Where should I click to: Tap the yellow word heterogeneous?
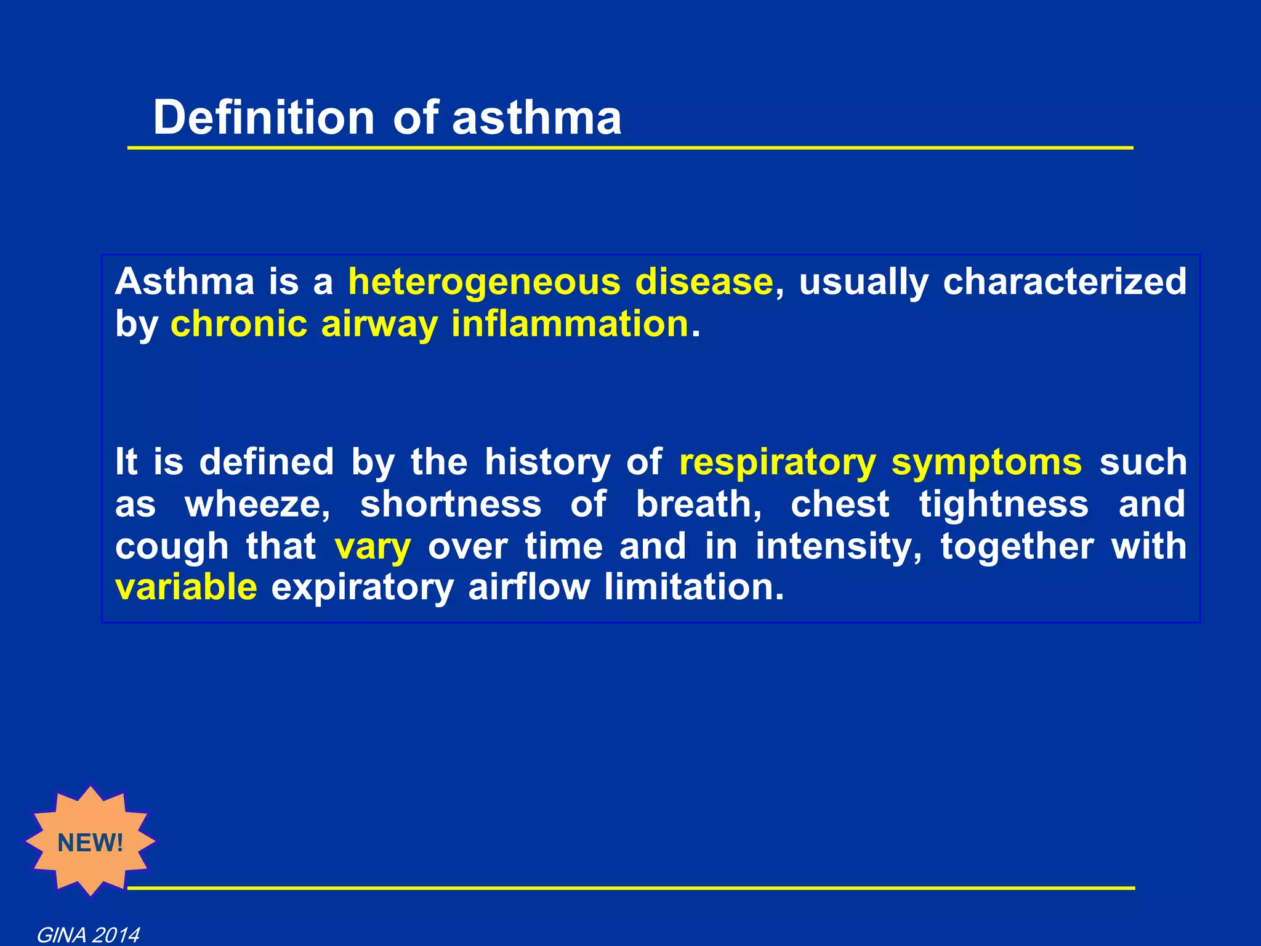tap(485, 282)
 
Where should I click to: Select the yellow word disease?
tap(704, 282)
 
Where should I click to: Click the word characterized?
tap(1065, 282)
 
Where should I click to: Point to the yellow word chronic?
tap(239, 324)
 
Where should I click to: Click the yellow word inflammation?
tap(570, 324)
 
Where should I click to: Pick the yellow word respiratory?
tap(778, 462)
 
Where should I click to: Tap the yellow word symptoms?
tap(986, 463)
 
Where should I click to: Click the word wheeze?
tap(257, 504)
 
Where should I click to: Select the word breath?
tap(698, 504)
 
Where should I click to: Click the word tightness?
tap(1004, 504)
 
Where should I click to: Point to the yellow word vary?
tap(373, 547)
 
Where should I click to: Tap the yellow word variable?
tap(186, 587)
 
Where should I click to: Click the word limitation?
tap(694, 587)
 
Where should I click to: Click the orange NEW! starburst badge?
tap(91, 842)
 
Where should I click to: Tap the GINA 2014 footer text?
tap(88, 935)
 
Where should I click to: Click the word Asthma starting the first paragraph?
tap(185, 282)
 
